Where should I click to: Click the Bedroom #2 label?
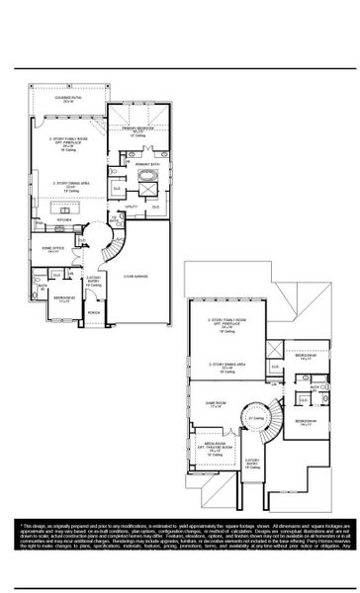point(64,297)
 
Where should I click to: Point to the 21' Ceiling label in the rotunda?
point(255,418)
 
